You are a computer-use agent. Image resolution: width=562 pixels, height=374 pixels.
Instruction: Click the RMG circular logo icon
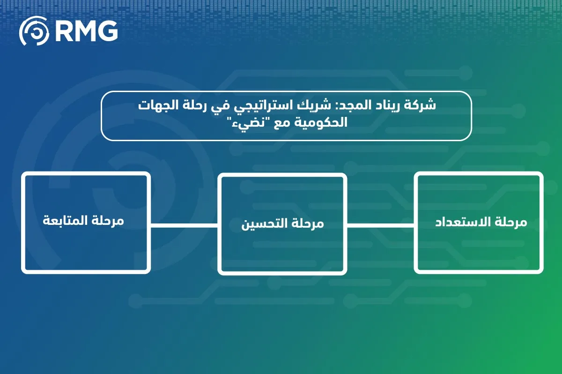(34, 31)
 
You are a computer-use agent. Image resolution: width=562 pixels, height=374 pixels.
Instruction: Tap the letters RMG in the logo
(86, 31)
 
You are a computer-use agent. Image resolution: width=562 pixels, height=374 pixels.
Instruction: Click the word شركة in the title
(420, 105)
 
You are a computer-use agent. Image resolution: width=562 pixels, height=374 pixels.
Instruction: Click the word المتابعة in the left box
(65, 221)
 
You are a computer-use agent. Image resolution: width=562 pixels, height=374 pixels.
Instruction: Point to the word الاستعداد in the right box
(463, 222)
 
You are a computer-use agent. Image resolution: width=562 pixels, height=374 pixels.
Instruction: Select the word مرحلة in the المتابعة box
(108, 221)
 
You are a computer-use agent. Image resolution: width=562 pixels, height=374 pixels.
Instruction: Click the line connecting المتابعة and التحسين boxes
(184, 226)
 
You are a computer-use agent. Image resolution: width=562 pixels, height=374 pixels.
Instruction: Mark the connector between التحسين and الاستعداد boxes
(381, 226)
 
